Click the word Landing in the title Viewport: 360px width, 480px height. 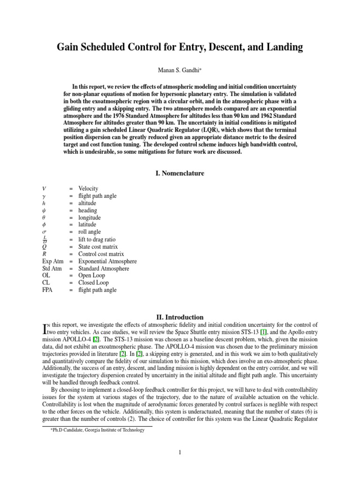point(282,47)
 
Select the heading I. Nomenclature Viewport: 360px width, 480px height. point(180,173)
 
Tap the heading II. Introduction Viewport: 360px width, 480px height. point(180,317)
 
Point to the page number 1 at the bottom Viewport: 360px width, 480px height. point(180,452)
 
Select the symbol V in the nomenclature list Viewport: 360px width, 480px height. point(44,188)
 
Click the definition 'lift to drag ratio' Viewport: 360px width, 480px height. point(97,240)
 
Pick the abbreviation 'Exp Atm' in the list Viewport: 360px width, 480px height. point(51,261)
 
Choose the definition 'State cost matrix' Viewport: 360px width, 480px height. point(98,247)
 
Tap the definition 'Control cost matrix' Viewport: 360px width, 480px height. point(101,254)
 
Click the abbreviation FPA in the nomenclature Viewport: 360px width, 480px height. point(48,290)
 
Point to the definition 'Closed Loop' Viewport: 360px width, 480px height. point(93,283)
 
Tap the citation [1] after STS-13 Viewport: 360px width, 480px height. point(264,332)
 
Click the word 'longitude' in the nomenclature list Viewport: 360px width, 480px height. point(90,217)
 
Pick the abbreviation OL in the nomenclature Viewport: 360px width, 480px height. point(46,276)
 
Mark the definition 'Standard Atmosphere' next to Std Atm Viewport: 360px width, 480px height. point(104,269)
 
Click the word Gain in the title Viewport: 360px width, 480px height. point(69,47)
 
